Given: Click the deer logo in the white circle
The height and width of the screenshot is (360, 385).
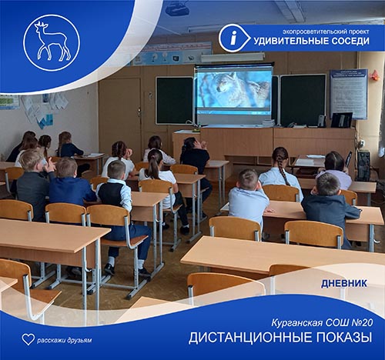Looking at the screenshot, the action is click(52, 42).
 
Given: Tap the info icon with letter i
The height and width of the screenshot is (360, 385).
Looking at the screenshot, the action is click(234, 38).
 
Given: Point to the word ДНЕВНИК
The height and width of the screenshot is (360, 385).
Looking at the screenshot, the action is click(344, 284).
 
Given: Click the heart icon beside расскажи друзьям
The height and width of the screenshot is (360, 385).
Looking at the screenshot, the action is click(28, 339).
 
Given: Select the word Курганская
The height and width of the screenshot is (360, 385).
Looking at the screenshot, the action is click(296, 323).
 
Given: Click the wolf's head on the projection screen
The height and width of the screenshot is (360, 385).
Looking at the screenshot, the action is click(226, 82).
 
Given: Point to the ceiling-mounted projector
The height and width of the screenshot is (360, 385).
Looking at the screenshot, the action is click(177, 9).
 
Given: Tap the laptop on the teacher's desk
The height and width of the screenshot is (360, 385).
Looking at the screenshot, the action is click(342, 120).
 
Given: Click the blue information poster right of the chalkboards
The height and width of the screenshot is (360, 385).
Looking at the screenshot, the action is click(349, 94).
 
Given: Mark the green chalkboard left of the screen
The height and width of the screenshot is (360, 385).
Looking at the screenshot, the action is click(175, 101).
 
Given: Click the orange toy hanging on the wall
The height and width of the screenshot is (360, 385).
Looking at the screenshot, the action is click(375, 75).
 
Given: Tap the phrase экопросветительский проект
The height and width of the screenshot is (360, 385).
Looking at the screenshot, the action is click(326, 32).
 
